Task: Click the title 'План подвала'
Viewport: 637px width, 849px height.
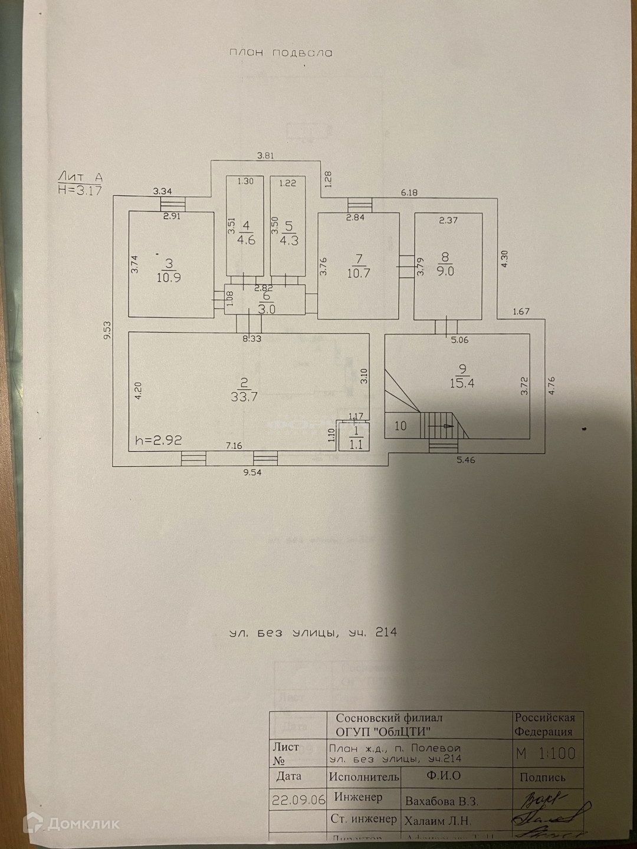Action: click(281, 53)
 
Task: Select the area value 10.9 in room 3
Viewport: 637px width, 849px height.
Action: click(169, 278)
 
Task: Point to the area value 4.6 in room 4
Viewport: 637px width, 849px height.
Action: click(246, 241)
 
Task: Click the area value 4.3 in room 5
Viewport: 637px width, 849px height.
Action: click(289, 241)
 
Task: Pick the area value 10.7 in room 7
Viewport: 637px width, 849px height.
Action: click(359, 273)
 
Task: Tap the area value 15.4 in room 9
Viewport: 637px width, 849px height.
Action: click(463, 383)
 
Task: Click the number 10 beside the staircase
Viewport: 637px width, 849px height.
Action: click(400, 426)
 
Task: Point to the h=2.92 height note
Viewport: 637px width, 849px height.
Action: click(159, 440)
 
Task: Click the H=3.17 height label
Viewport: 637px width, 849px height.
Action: click(80, 190)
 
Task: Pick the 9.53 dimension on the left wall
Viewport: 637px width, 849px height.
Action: click(107, 334)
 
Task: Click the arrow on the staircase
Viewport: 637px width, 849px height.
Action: click(439, 425)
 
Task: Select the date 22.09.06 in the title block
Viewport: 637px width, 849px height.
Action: click(298, 800)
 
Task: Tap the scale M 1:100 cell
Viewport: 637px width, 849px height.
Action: click(546, 753)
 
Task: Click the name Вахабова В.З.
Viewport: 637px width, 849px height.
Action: click(442, 801)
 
